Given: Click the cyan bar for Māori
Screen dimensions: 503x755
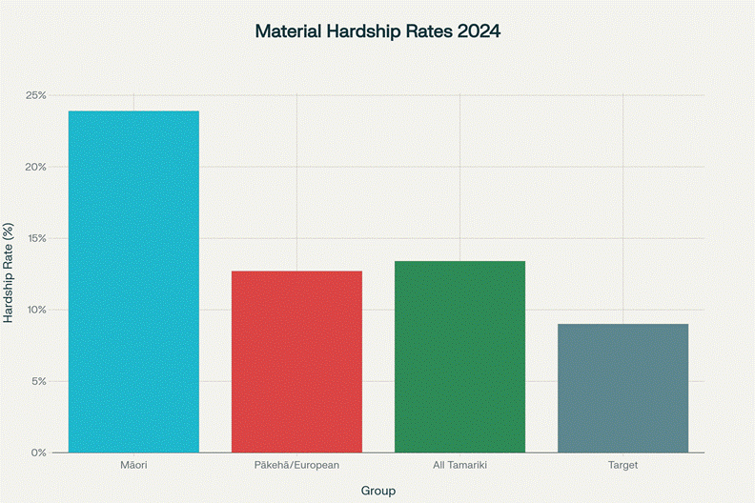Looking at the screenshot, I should click(133, 281).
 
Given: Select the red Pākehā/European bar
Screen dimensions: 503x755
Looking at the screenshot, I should click(296, 361).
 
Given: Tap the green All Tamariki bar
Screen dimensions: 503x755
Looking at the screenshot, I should click(459, 356).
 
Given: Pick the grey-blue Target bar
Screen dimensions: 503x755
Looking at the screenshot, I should click(622, 388).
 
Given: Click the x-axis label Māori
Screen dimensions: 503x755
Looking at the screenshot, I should click(133, 465).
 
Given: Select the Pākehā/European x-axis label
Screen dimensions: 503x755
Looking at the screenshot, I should click(296, 465).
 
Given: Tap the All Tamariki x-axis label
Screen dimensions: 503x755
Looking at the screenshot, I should click(459, 465).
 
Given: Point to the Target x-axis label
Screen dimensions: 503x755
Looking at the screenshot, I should click(622, 465).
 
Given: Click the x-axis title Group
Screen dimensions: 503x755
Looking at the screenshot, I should click(377, 491).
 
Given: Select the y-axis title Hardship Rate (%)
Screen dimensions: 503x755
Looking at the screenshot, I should click(10, 273).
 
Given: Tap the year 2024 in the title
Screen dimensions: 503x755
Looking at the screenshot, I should click(478, 31).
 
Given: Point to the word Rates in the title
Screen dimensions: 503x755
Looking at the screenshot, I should click(428, 31).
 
